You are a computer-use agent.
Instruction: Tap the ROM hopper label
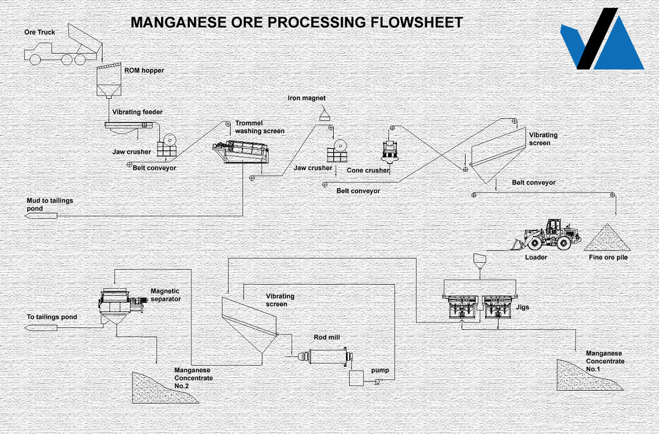tap(144, 71)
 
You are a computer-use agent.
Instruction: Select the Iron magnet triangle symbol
tap(325, 115)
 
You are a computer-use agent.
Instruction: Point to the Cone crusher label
tap(367, 171)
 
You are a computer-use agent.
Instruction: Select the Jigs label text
tap(522, 307)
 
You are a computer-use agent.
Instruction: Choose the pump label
tap(380, 371)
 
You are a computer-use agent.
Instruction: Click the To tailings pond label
tap(52, 317)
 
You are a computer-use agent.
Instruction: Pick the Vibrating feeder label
tap(137, 112)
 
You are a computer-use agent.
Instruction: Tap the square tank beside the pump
tap(356, 378)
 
